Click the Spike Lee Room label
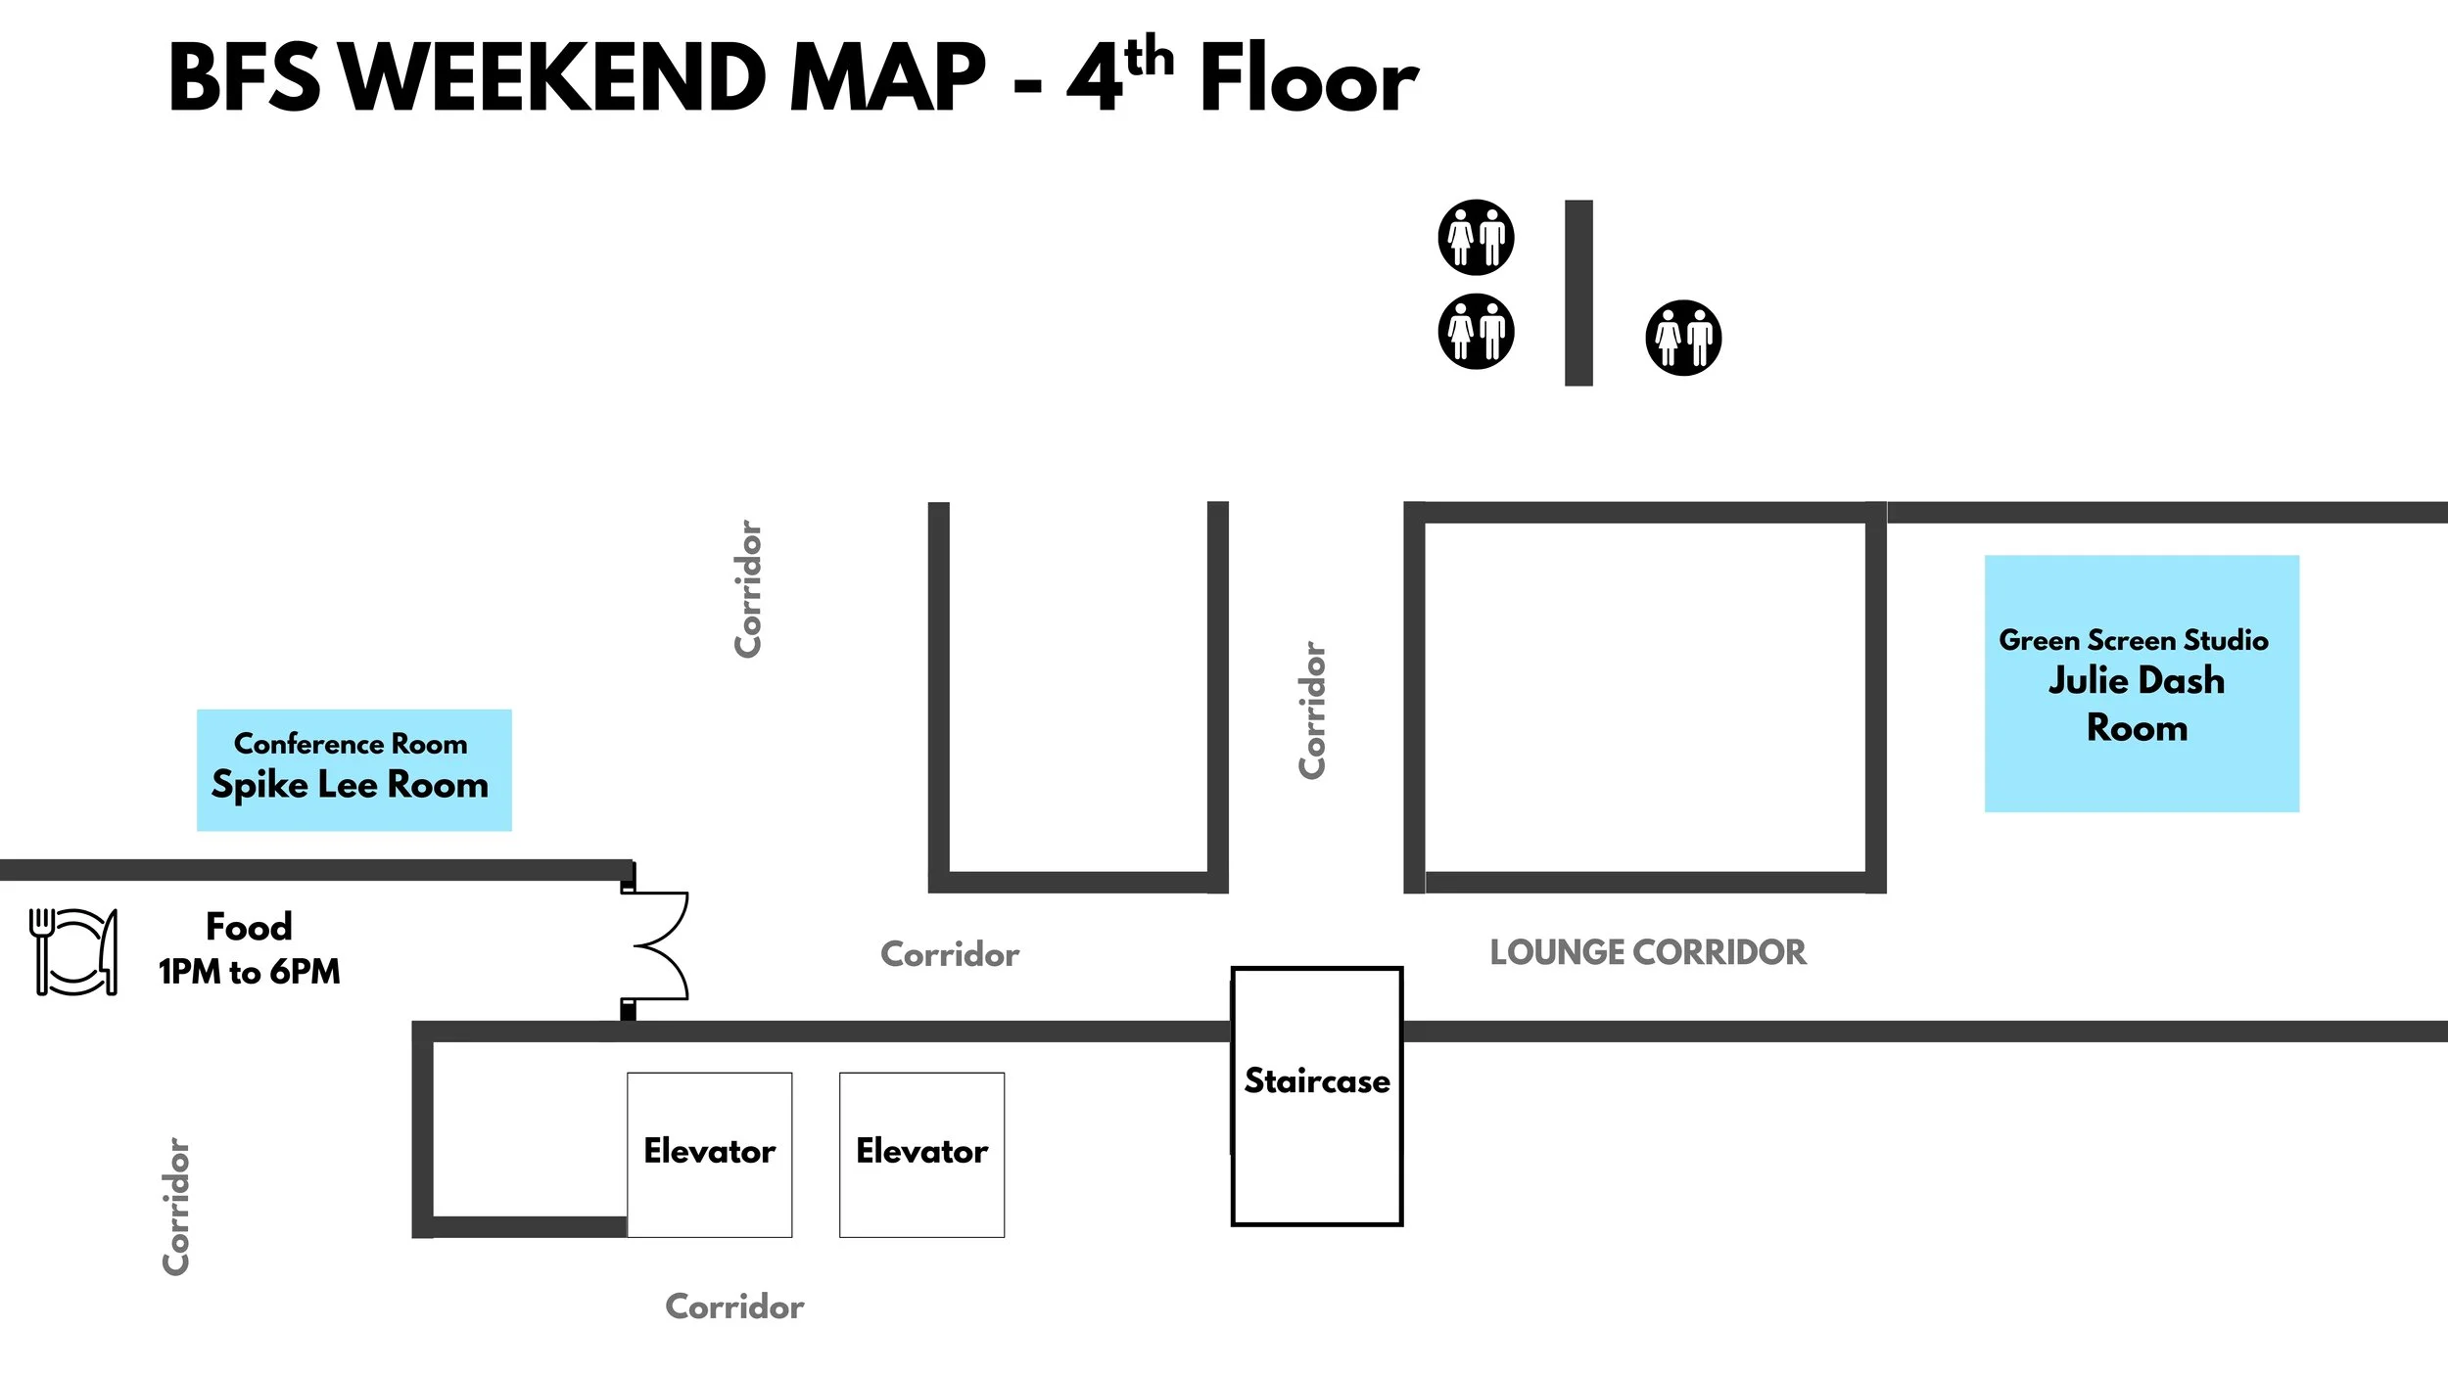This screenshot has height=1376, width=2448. tap(350, 785)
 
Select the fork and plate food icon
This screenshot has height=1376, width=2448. tap(73, 951)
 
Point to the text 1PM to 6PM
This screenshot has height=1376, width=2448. tap(250, 972)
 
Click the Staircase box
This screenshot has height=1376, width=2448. tap(1317, 1096)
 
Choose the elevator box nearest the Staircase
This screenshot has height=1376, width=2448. tap(921, 1155)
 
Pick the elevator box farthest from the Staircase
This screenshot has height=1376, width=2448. tap(709, 1155)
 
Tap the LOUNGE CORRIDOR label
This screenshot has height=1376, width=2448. tap(1648, 952)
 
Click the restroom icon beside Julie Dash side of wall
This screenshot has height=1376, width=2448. tap(1683, 338)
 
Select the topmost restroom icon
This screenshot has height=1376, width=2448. tap(1476, 237)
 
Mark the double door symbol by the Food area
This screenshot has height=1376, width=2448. tap(658, 945)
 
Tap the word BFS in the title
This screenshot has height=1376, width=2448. tap(244, 78)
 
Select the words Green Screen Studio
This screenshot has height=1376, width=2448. tap(2134, 640)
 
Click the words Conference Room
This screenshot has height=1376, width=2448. tap(351, 744)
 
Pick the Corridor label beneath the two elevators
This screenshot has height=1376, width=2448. tap(734, 1307)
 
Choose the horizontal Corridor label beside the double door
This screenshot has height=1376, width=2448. tap(950, 954)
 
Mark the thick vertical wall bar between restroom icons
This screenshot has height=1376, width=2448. tap(1578, 293)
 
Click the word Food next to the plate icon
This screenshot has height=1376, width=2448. tap(249, 927)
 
